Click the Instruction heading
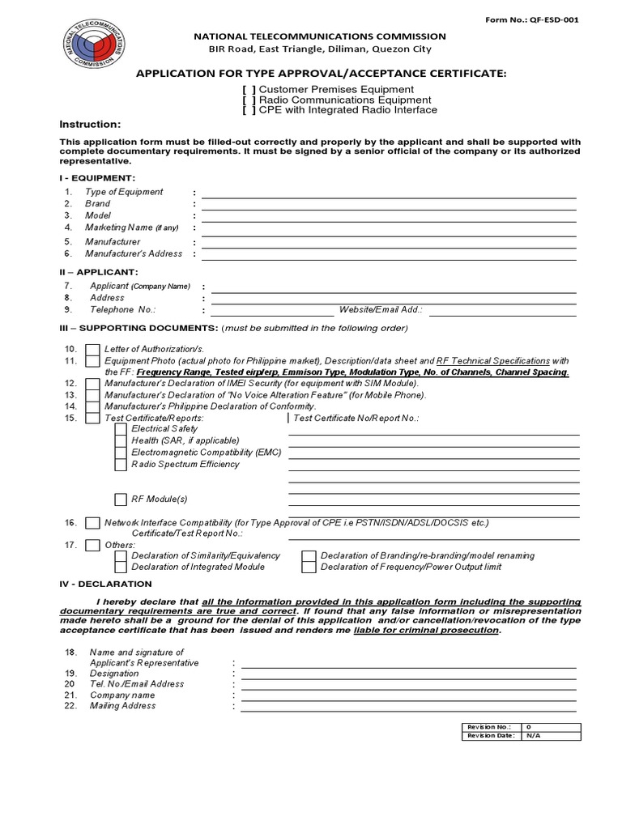(90, 124)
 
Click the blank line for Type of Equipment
(389, 196)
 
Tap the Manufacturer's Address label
(134, 253)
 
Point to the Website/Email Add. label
(381, 309)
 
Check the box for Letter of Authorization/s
(93, 349)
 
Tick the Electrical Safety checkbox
(121, 429)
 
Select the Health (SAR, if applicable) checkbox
(121, 440)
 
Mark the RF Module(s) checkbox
(121, 500)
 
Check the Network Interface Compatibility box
(93, 523)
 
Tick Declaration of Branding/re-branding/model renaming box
(308, 556)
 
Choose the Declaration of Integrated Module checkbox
(121, 568)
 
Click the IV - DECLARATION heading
(105, 584)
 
